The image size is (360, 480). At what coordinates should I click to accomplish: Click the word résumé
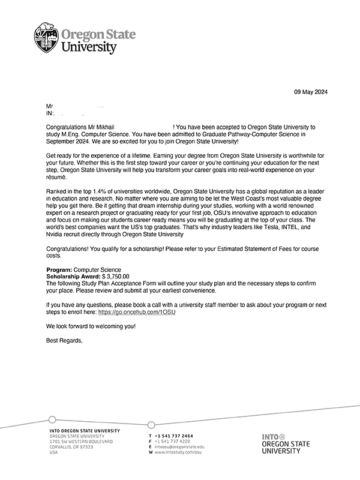57,177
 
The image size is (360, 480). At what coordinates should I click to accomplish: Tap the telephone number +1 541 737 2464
174,436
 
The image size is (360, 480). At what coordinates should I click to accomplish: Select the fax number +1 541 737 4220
173,442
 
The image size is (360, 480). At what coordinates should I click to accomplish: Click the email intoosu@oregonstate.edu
179,448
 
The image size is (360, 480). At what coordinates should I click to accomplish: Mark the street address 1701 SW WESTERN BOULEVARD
80,442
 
